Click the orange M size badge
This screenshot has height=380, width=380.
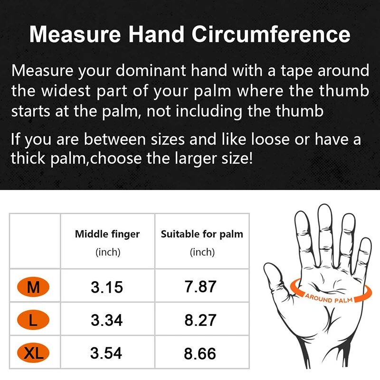33,287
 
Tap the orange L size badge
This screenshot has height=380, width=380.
33,320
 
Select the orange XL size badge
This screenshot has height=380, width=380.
33,353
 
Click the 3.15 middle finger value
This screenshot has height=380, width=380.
107,287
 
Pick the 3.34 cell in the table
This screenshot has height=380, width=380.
107,320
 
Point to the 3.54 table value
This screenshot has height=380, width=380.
107,353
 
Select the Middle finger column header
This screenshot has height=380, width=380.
107,234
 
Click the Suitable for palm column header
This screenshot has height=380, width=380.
202,234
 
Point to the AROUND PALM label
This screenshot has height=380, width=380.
328,299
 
